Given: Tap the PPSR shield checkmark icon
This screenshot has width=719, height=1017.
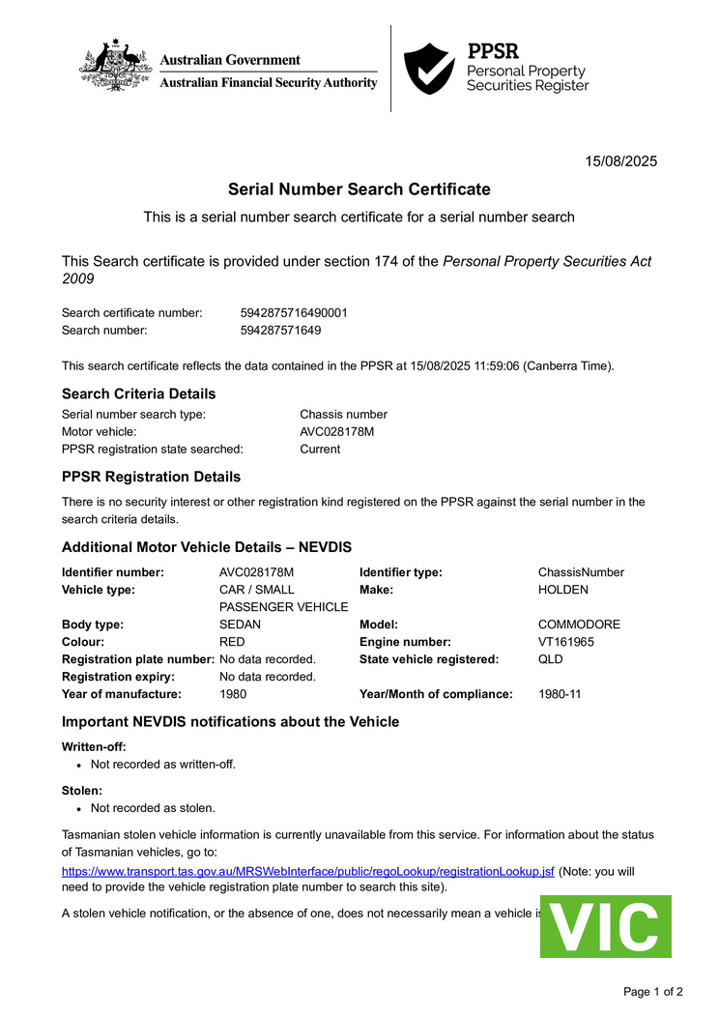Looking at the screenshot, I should (x=428, y=68).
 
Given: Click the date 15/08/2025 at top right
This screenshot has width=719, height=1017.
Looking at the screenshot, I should (x=621, y=161).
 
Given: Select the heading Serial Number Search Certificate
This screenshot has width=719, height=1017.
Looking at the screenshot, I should (x=359, y=189).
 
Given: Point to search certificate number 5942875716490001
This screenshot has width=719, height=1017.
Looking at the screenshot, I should (x=294, y=312).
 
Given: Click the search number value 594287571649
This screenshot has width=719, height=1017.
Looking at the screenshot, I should (x=280, y=330).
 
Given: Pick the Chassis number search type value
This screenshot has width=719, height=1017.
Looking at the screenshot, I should (x=343, y=414).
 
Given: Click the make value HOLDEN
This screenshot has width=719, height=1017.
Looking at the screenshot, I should (x=562, y=589).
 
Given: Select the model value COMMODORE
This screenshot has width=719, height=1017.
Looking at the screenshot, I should (x=579, y=625).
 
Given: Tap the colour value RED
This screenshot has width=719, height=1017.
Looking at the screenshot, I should (x=232, y=642).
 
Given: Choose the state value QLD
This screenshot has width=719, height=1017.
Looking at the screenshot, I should (x=550, y=659).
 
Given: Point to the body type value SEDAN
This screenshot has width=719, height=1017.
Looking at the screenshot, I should (x=240, y=625).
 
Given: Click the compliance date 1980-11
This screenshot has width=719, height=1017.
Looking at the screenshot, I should (x=560, y=694).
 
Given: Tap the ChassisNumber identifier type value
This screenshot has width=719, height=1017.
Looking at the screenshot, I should (x=581, y=571).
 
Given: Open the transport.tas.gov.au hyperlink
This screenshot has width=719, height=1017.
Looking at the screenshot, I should (x=308, y=871).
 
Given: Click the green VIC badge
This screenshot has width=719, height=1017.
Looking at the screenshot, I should (x=605, y=926).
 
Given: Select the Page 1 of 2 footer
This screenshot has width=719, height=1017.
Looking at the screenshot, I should (x=652, y=991).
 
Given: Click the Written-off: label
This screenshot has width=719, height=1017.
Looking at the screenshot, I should (x=94, y=746).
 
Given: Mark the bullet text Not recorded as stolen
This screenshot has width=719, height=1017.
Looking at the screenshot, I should (x=153, y=807).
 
